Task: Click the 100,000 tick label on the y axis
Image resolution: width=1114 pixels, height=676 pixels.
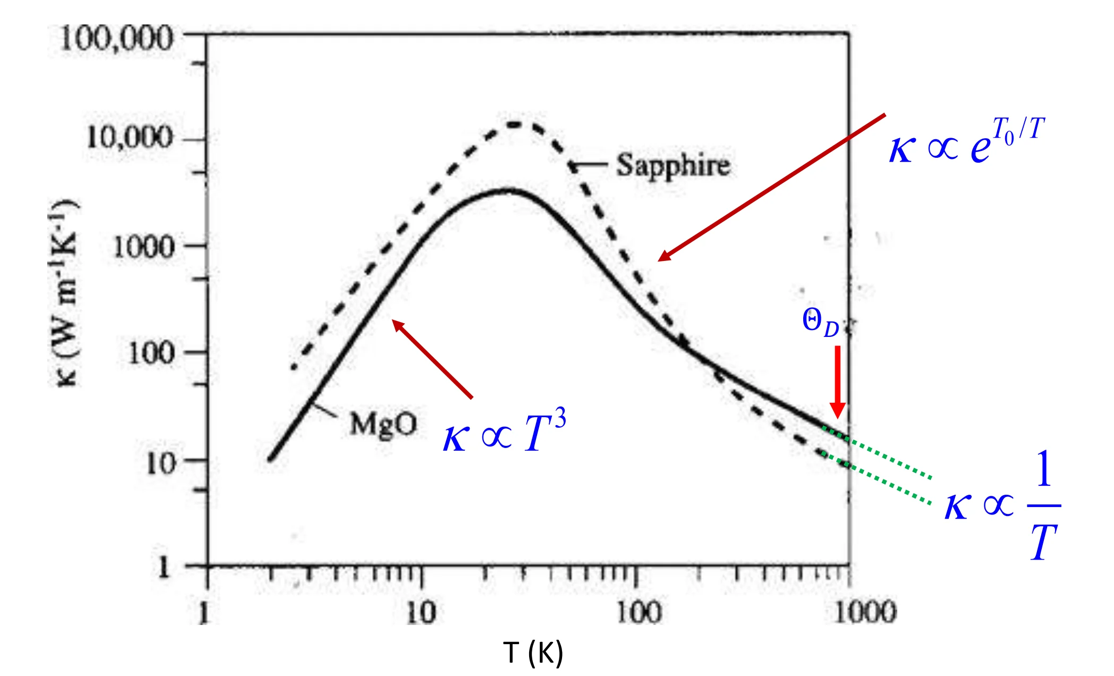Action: (x=117, y=38)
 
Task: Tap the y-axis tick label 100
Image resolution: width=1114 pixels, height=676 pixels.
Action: (x=151, y=352)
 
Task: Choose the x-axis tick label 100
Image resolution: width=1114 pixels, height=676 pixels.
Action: (x=639, y=612)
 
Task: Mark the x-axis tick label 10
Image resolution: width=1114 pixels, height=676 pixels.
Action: (x=421, y=612)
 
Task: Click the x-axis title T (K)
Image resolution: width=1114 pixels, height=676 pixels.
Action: (x=533, y=652)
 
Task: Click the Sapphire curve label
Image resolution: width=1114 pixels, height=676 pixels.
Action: (x=673, y=165)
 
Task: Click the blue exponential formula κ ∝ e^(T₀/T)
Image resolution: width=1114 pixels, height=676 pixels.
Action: (x=967, y=141)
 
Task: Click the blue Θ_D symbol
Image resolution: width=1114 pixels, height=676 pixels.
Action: (x=820, y=323)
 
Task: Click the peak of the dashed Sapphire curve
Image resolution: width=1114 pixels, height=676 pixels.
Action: (x=514, y=124)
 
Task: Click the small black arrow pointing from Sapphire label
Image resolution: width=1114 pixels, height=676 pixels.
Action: (x=587, y=165)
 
